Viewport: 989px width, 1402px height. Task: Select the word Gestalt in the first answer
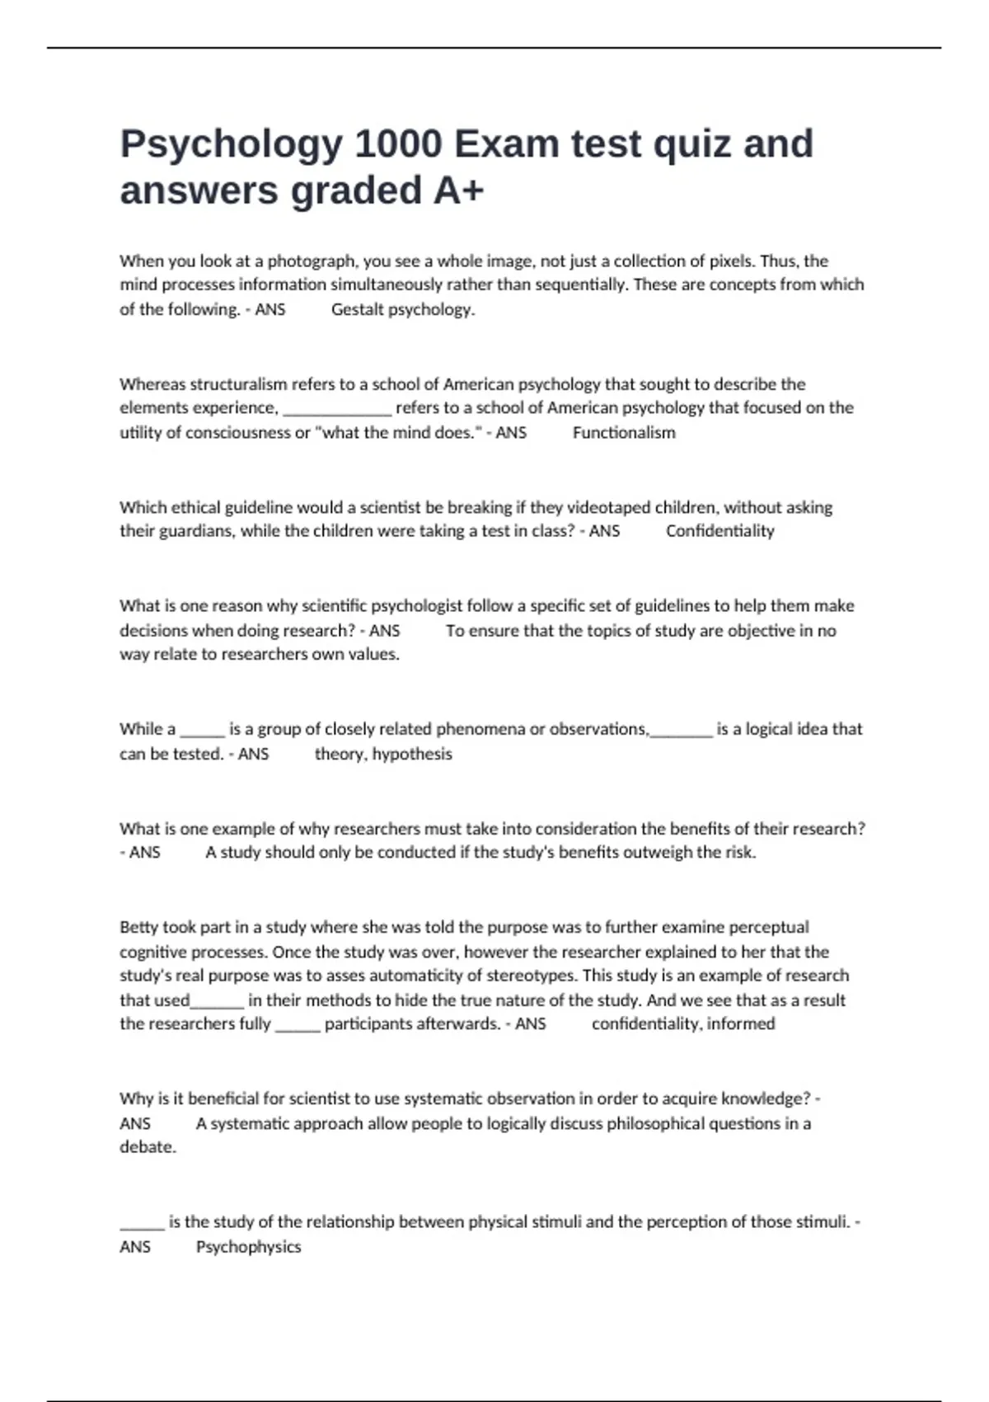coord(357,309)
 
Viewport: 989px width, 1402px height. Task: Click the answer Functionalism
coord(624,432)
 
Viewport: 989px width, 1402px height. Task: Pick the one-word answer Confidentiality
coord(719,531)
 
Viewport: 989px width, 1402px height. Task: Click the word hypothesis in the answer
coord(412,754)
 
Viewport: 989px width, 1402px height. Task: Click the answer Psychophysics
coord(248,1246)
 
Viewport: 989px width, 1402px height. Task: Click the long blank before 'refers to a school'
coord(336,409)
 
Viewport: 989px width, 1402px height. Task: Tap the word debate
coord(147,1147)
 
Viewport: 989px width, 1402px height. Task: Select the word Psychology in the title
coord(231,143)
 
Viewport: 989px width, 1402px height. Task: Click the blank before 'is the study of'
coord(142,1223)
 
